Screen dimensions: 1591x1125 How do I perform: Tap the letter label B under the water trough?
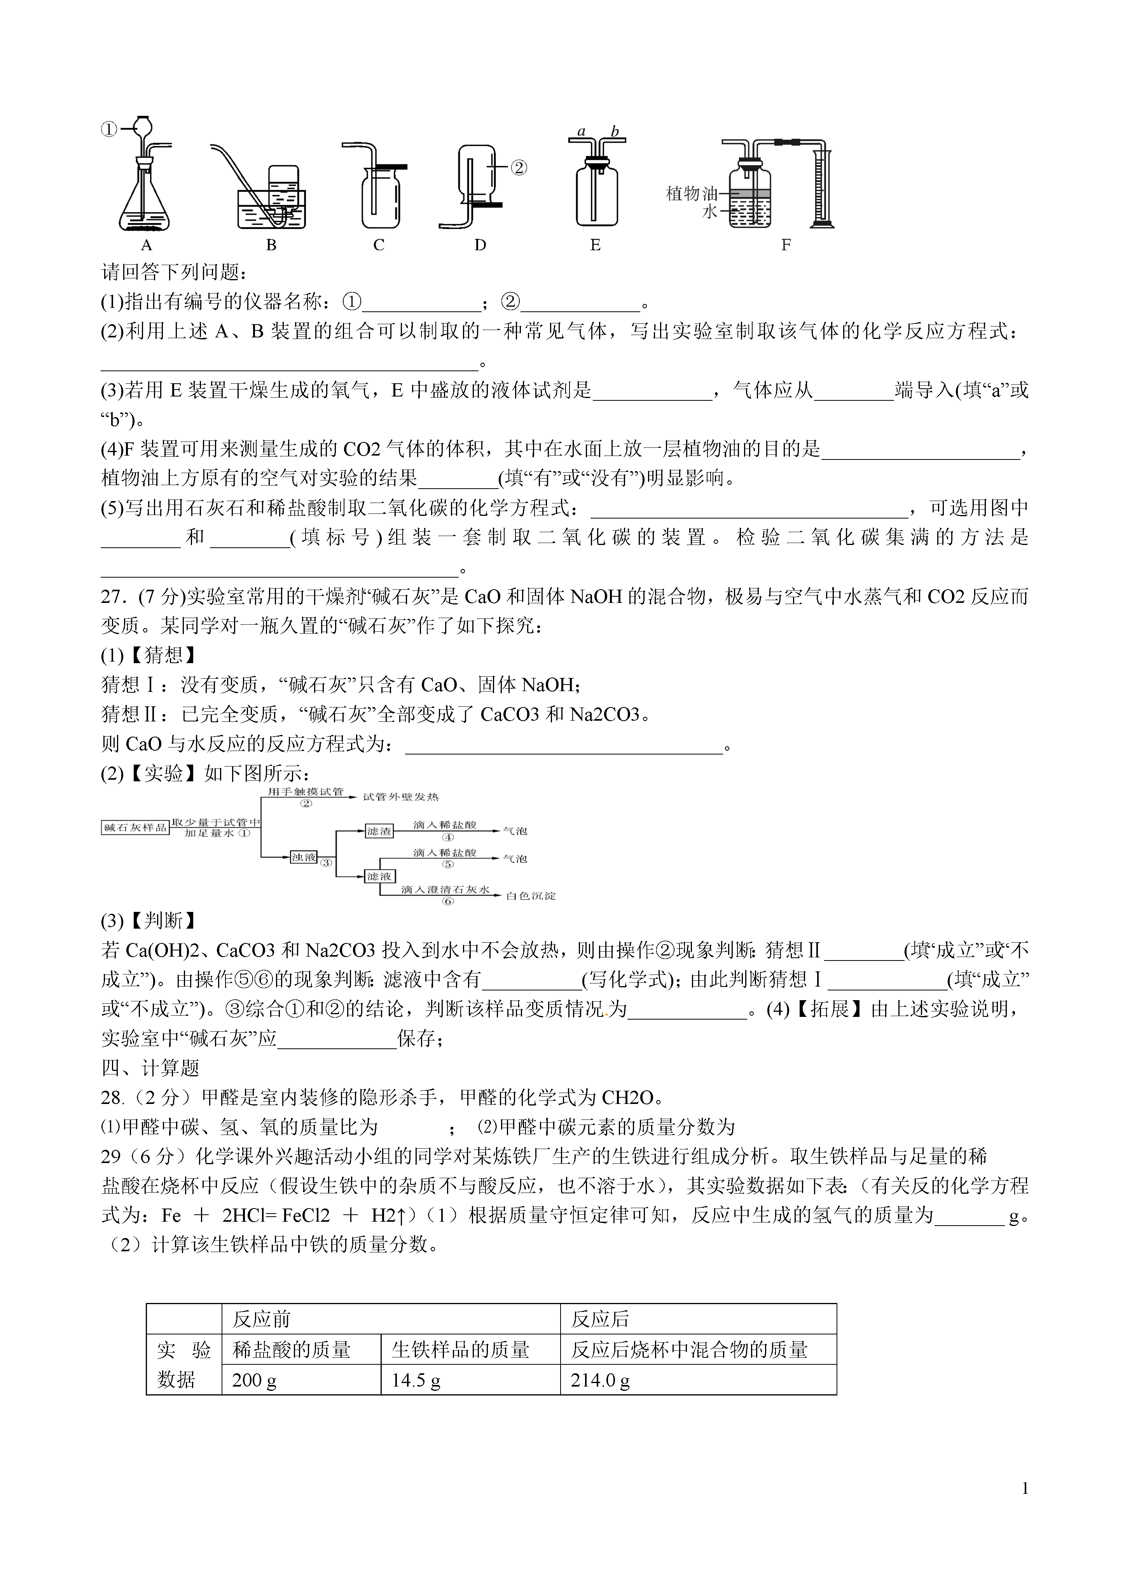pos(271,245)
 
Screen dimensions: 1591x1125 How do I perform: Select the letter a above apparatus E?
pos(582,132)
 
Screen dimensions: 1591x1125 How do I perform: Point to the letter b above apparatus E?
pos(614,132)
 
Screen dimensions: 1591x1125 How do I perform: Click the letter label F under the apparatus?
pos(785,245)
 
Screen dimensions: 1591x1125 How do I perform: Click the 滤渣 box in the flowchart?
pos(379,831)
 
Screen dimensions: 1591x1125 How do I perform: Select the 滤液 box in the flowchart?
pos(379,877)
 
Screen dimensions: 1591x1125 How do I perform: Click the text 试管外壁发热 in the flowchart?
pos(401,797)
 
